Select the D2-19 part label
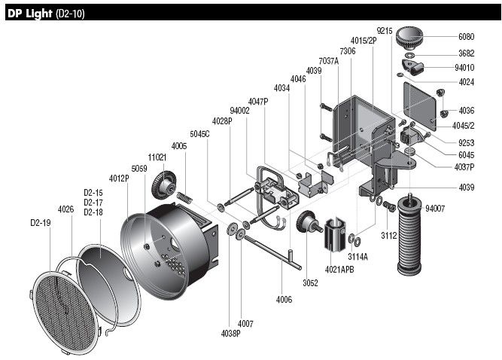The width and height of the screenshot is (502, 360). pyautogui.click(x=41, y=223)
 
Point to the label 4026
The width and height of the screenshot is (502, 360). pyautogui.click(x=66, y=209)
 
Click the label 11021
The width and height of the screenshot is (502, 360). pyautogui.click(x=157, y=157)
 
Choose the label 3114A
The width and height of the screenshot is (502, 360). pyautogui.click(x=357, y=257)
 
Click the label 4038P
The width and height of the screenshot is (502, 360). pyautogui.click(x=230, y=332)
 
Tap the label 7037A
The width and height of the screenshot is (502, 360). pyautogui.click(x=328, y=60)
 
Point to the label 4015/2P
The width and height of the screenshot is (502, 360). pyautogui.click(x=363, y=41)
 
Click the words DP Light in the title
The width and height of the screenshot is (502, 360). pyautogui.click(x=29, y=14)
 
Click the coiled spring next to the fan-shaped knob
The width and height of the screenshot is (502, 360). pyautogui.click(x=185, y=199)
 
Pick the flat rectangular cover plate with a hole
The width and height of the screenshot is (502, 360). pyautogui.click(x=421, y=103)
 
